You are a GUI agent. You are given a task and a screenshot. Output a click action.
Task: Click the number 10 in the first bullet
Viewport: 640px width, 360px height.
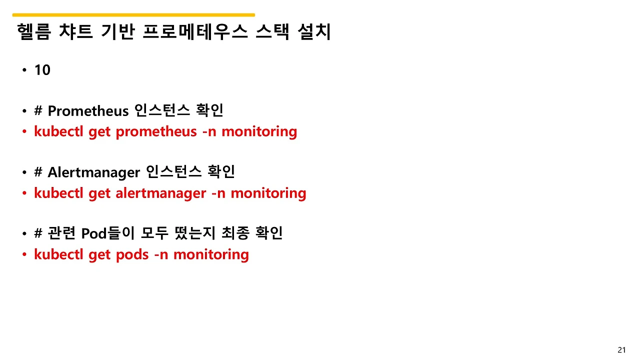[x=42, y=70]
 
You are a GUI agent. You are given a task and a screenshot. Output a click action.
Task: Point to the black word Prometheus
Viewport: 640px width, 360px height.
[x=88, y=111]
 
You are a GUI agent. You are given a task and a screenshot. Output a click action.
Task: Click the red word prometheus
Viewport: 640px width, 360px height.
[x=156, y=132]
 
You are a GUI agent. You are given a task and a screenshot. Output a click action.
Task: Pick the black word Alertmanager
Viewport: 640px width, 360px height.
[x=93, y=172]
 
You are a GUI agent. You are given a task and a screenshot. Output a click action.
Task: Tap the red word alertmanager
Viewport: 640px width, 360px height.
[x=160, y=193]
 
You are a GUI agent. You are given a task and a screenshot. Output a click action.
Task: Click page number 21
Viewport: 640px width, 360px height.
[x=621, y=350]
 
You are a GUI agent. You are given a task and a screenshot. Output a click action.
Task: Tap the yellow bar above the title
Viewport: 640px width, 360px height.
[x=133, y=15]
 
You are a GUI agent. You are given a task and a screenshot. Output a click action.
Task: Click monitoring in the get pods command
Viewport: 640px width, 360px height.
[x=211, y=254]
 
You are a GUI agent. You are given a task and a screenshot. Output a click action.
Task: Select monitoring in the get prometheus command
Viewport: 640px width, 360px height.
[x=259, y=132]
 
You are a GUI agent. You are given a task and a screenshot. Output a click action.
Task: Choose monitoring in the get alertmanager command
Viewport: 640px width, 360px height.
[x=268, y=193]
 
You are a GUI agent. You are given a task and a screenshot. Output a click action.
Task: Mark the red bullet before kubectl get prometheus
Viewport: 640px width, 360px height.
[x=24, y=132]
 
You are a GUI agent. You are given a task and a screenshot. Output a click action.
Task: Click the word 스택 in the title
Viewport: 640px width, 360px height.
[x=272, y=32]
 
